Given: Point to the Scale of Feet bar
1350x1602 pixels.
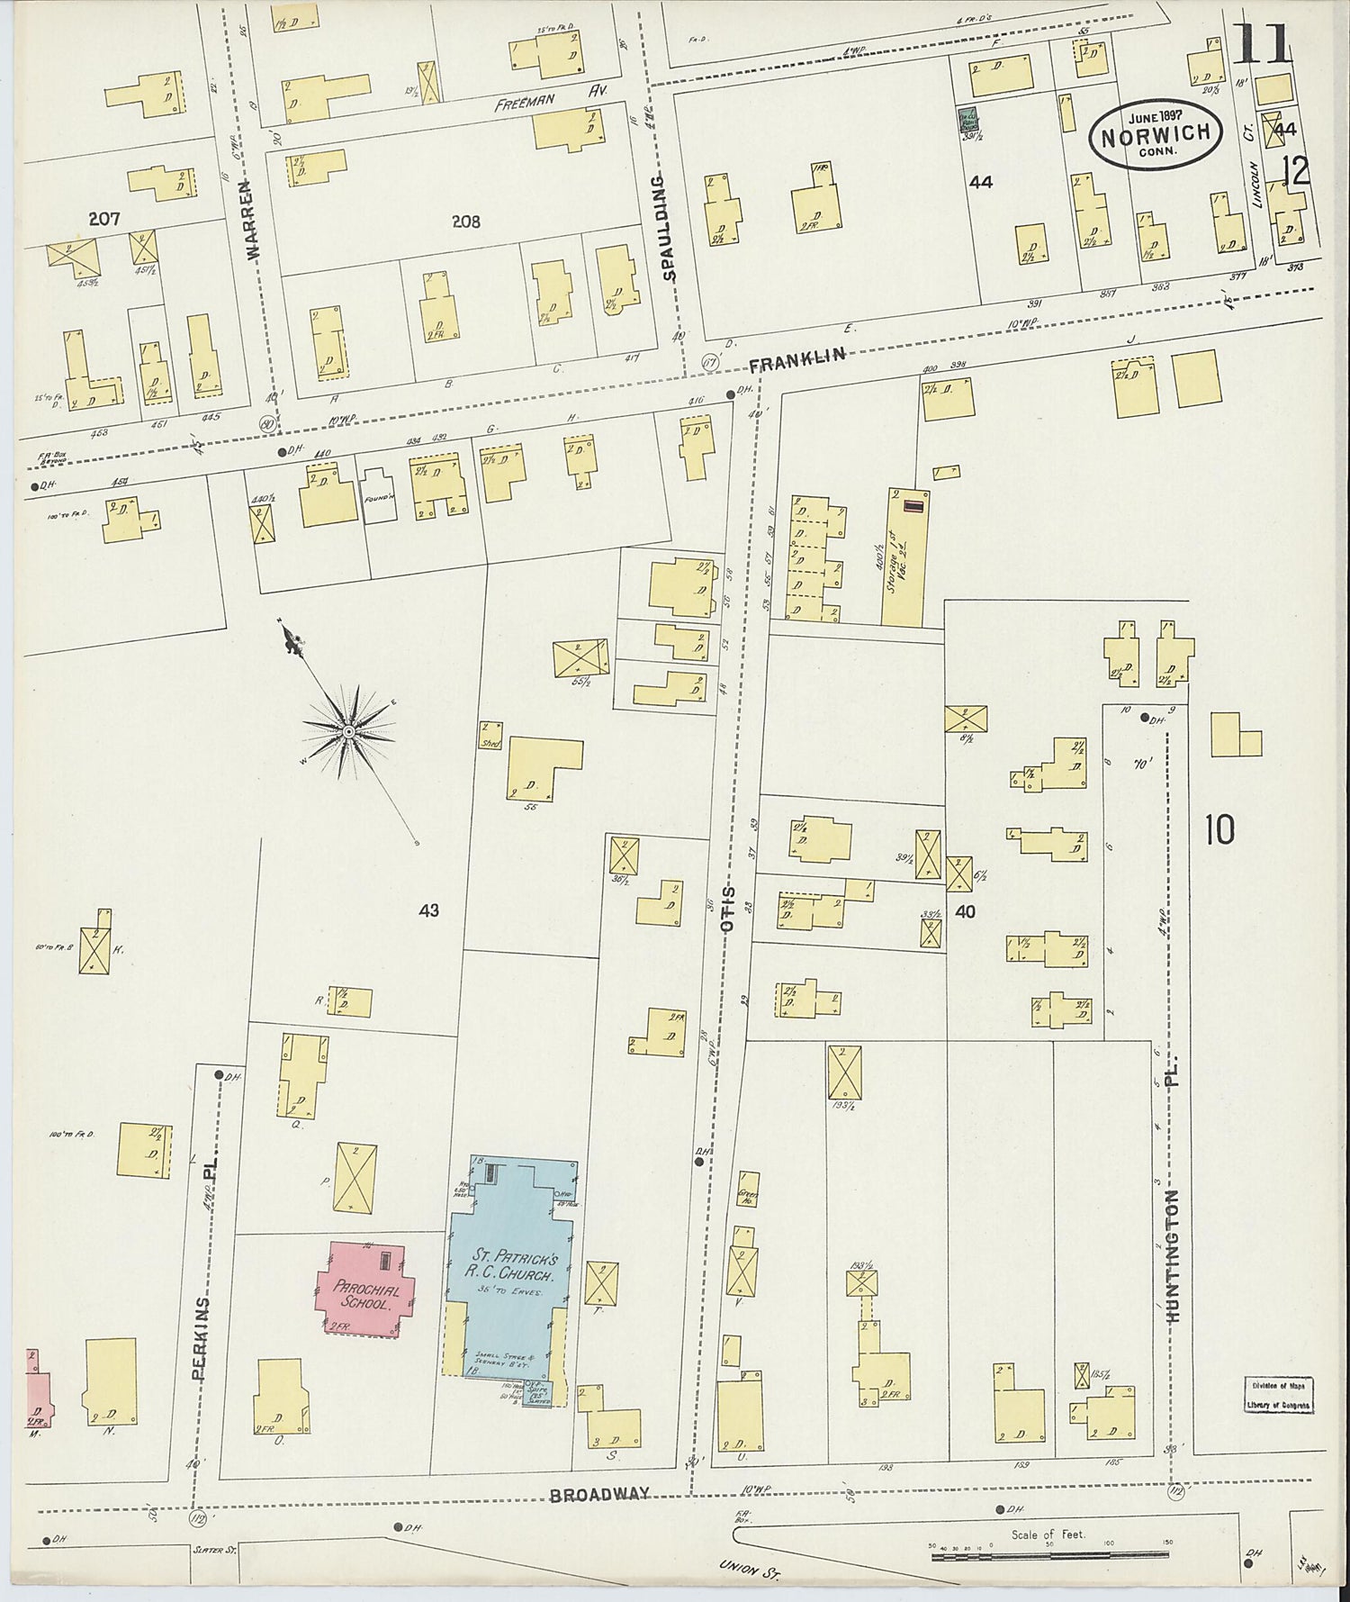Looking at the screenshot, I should click(x=1050, y=1555).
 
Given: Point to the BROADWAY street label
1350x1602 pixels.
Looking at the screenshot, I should click(x=599, y=1494).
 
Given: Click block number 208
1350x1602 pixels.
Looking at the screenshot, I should click(x=466, y=222).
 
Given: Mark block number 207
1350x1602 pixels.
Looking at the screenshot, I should click(x=105, y=218).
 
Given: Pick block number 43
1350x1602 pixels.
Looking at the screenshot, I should click(x=428, y=910).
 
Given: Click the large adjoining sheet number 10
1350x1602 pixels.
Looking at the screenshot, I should click(x=1219, y=829).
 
